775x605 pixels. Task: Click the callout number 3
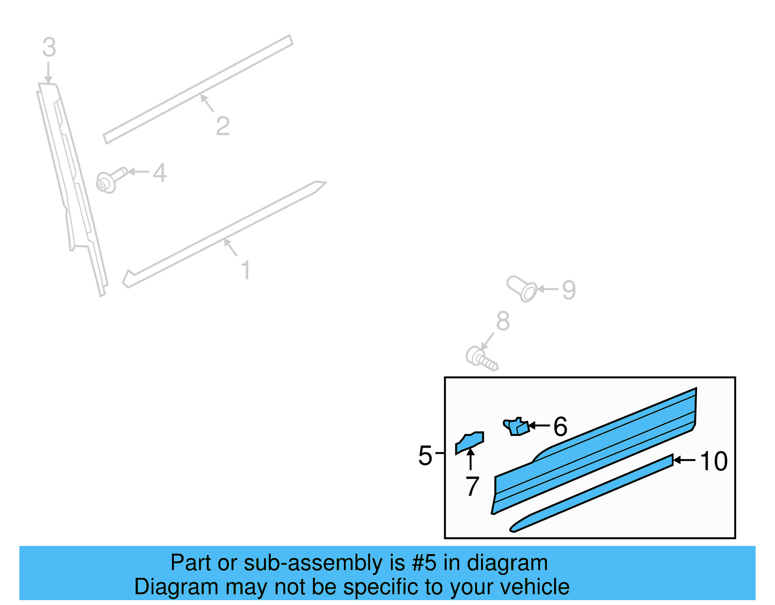pyautogui.click(x=49, y=47)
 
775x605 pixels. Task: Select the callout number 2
pyautogui.click(x=223, y=126)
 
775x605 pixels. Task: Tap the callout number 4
pyautogui.click(x=159, y=172)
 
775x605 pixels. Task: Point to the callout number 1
pyautogui.click(x=246, y=269)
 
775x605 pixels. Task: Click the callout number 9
pyautogui.click(x=569, y=290)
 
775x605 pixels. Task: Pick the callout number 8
pyautogui.click(x=503, y=321)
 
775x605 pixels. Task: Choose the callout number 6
pyautogui.click(x=560, y=426)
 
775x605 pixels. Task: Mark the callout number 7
pyautogui.click(x=472, y=486)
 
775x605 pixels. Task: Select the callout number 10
pyautogui.click(x=713, y=461)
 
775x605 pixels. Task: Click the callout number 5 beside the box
pyautogui.click(x=425, y=456)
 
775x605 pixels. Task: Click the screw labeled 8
pyautogui.click(x=481, y=358)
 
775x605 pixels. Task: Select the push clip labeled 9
pyautogui.click(x=522, y=289)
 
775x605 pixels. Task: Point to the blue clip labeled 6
pyautogui.click(x=516, y=426)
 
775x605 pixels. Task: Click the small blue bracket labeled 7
pyautogui.click(x=469, y=443)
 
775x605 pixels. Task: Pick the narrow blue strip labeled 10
pyautogui.click(x=591, y=493)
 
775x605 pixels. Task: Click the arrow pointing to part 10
pyautogui.click(x=684, y=460)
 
